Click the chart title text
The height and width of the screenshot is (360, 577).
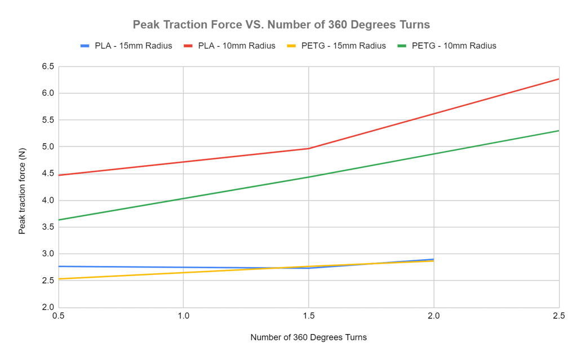[x=281, y=25]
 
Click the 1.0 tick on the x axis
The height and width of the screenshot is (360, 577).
[x=183, y=317]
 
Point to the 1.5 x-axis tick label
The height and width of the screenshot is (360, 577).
[x=308, y=317]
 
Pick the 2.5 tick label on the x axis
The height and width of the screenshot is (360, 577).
[x=558, y=317]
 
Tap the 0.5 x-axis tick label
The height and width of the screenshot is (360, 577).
[x=58, y=317]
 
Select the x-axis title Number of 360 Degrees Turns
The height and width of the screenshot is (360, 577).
[x=308, y=337]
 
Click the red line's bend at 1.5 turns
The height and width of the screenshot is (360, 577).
[x=308, y=148]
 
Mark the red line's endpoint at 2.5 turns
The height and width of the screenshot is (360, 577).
[x=558, y=79]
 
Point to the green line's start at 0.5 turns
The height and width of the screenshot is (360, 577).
[x=59, y=220]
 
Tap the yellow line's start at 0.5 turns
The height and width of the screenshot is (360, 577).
[x=59, y=279]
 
